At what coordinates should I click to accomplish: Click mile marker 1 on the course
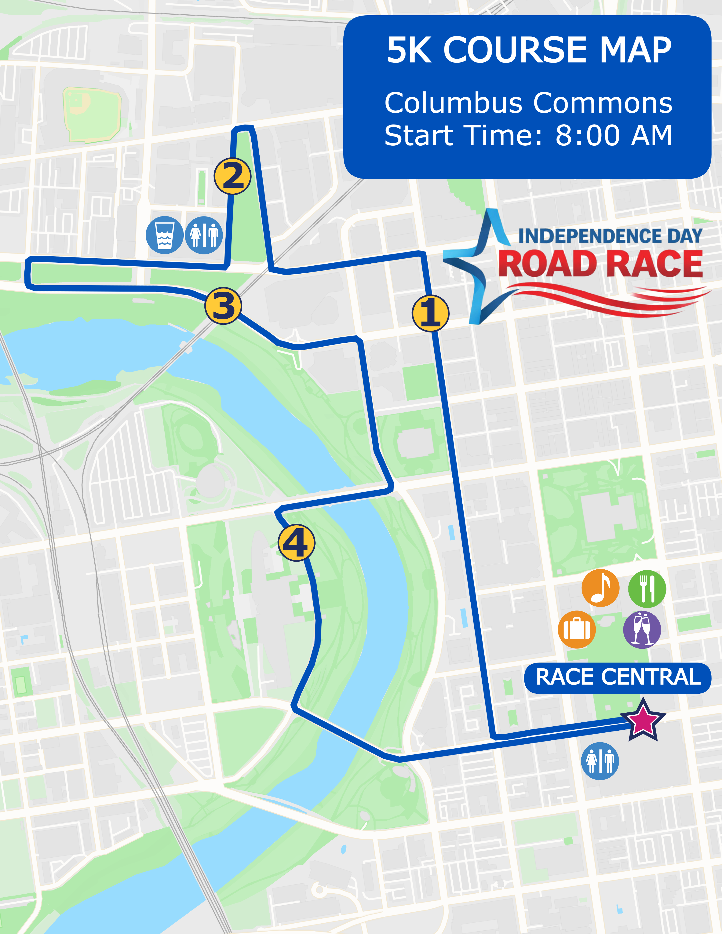[430, 313]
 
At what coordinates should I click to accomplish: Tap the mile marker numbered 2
[232, 176]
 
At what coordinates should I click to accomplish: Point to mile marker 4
[296, 542]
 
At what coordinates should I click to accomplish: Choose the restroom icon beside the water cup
[204, 235]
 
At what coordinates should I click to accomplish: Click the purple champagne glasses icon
[642, 629]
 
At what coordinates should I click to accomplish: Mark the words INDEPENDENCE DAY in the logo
[610, 236]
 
